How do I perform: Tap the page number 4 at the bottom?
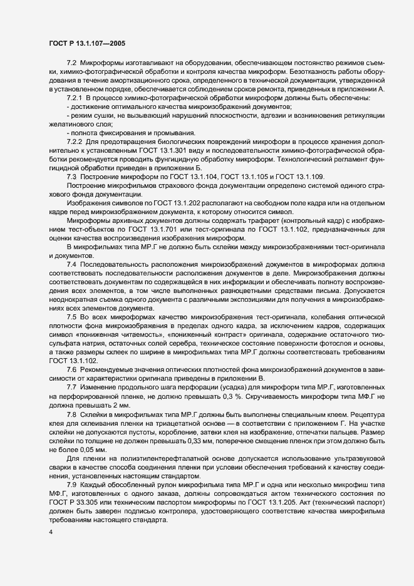(x=50, y=532)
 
